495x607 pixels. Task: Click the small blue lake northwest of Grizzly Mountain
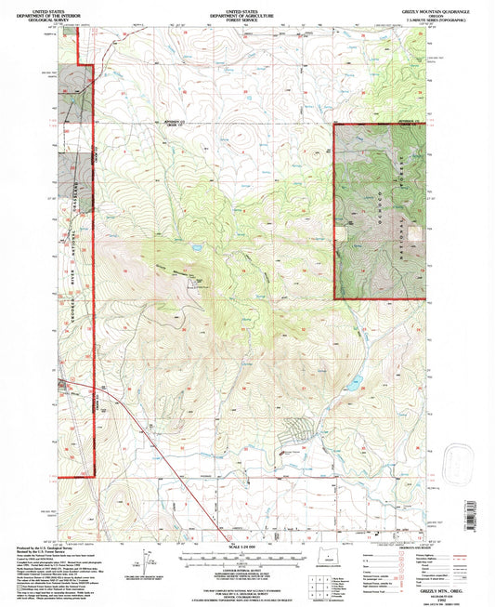point(199,248)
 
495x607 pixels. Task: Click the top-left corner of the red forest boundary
point(333,124)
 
